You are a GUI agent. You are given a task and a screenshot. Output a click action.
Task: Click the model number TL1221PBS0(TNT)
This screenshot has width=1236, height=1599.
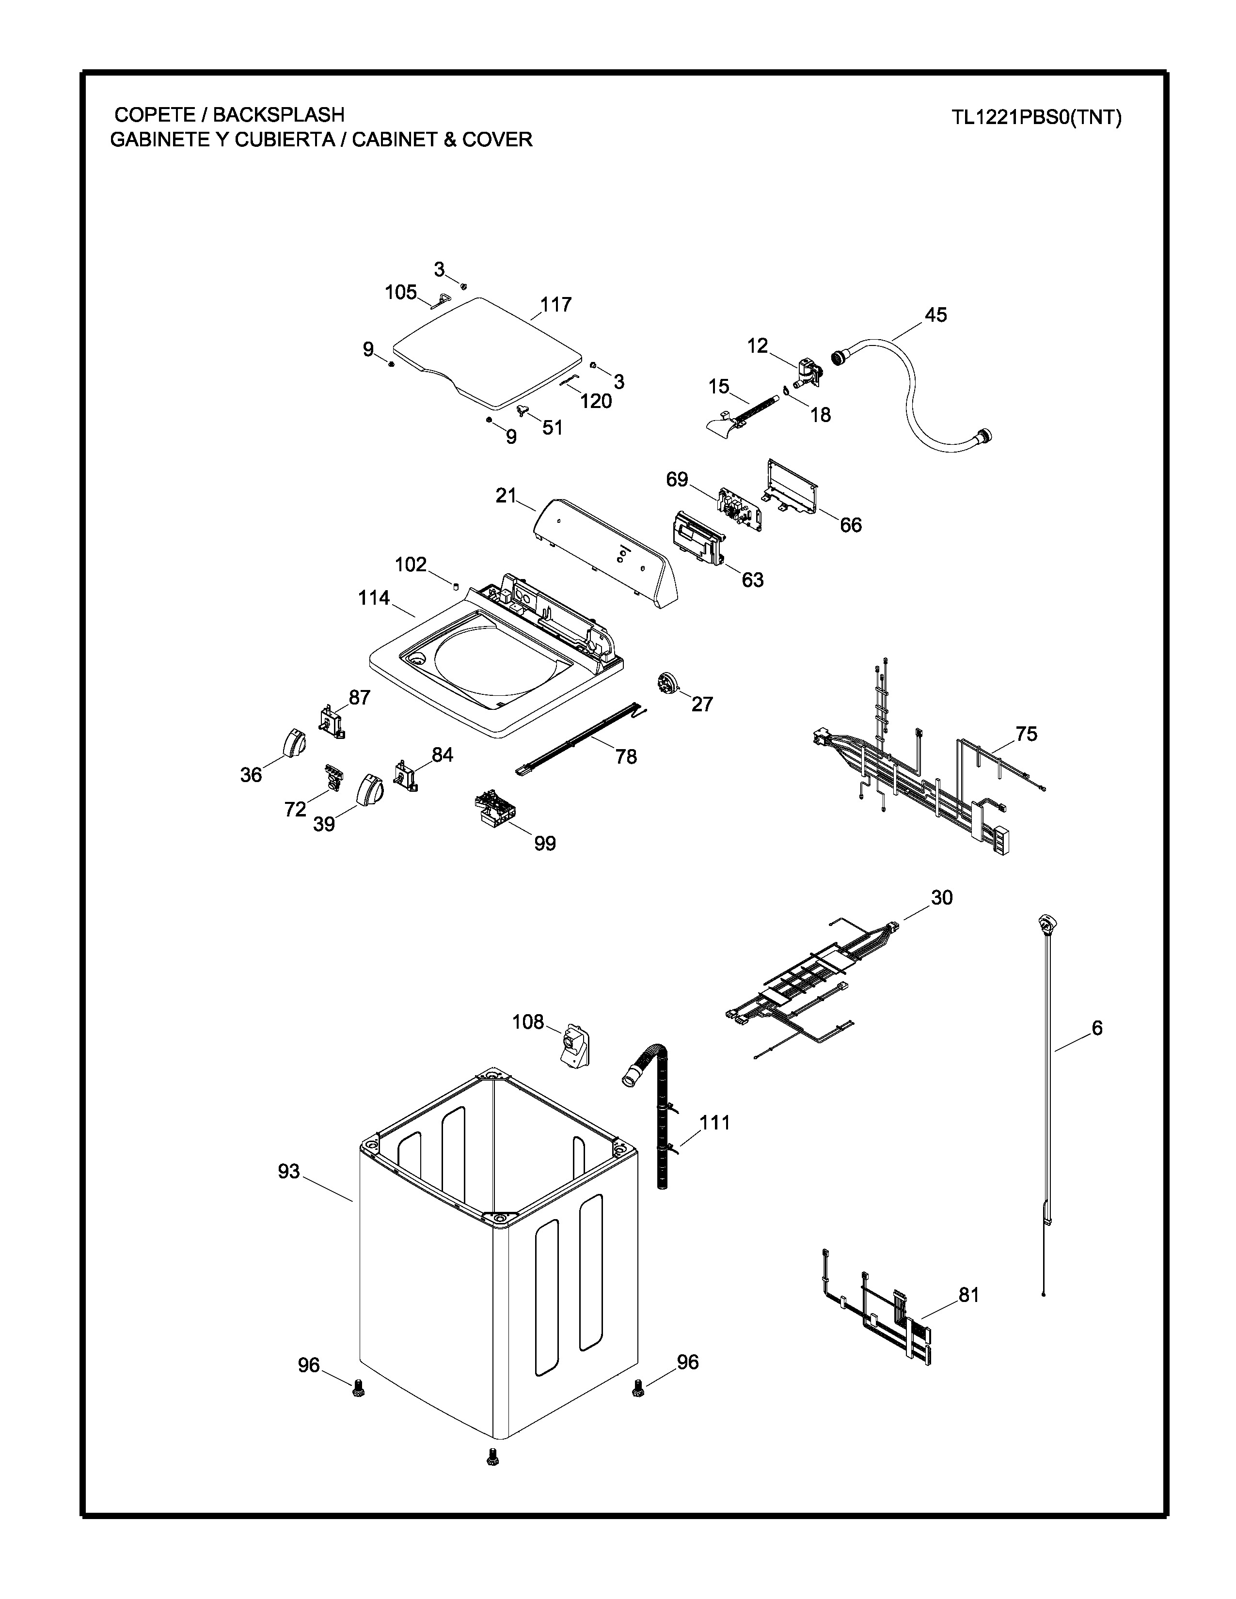tap(1036, 118)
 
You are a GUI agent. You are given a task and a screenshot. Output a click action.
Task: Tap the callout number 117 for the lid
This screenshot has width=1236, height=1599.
tap(556, 305)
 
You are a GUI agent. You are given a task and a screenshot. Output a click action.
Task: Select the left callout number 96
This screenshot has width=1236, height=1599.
tap(309, 1364)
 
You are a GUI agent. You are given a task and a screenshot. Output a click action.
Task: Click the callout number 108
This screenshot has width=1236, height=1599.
tap(528, 1021)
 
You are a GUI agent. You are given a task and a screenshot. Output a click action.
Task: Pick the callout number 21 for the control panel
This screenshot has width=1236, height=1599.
tap(506, 496)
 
